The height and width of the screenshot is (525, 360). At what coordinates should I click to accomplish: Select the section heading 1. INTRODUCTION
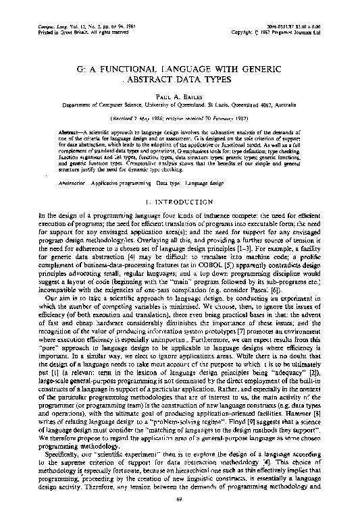[x=179, y=202]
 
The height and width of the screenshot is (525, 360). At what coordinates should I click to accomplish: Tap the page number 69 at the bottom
[x=179, y=518]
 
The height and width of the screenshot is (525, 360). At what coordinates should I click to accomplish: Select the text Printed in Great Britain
[x=66, y=13]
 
